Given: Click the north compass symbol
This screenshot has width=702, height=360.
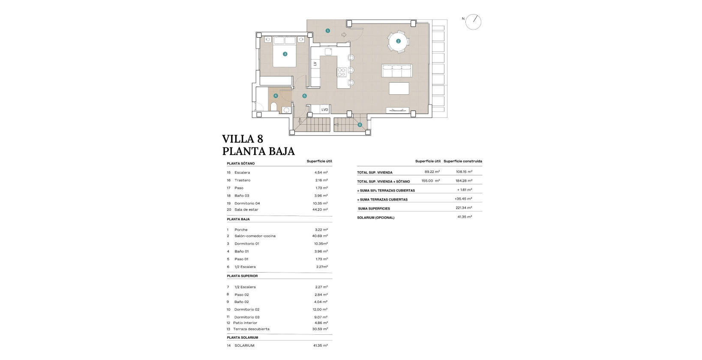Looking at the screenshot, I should tap(474, 22).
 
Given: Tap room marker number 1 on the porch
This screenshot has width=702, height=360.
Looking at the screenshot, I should tap(328, 31).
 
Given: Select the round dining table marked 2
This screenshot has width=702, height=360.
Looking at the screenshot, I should tap(398, 41).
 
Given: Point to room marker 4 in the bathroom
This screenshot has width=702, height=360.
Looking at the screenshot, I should tap(276, 96).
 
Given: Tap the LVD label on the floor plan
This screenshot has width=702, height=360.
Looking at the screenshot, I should tap(324, 110).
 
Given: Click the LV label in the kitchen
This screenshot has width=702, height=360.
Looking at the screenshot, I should tap(315, 63).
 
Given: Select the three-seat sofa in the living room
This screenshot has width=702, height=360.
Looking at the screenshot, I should tap(396, 70).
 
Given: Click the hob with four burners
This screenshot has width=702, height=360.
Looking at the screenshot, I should tap(342, 72).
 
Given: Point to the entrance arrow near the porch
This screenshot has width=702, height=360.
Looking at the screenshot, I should tap(344, 35).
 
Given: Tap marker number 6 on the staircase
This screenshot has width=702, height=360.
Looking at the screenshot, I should tap(360, 125).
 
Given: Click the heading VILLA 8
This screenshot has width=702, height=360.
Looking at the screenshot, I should tap(243, 139).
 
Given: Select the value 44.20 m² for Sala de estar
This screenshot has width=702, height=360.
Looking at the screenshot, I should tap(321, 210).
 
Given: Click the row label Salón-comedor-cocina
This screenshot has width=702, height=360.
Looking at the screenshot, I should tap(255, 236).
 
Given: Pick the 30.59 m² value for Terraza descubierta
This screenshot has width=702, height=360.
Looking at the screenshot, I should tap(321, 329).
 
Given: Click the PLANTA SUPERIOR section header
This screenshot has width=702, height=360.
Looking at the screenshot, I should tap(243, 276).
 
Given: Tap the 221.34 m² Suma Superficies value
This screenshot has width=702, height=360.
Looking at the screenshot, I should tap(464, 208).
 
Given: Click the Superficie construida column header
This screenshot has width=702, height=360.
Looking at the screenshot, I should tap(462, 161).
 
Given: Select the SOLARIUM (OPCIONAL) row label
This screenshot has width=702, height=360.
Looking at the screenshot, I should tap(375, 218).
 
